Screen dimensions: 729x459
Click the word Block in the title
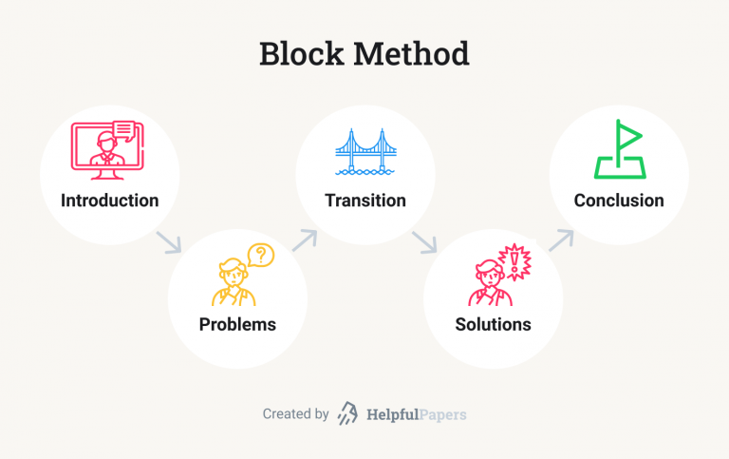tap(301, 53)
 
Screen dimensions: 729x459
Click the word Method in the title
tap(411, 53)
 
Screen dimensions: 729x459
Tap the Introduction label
tap(110, 201)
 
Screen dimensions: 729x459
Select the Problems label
tap(237, 324)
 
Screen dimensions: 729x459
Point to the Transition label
tap(365, 201)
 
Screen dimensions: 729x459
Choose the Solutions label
tap(494, 324)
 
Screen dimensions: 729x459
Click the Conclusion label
tap(619, 201)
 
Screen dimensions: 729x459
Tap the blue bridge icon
tap(365, 152)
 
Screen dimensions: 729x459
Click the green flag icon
tap(620, 149)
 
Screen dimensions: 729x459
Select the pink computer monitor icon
tap(107, 150)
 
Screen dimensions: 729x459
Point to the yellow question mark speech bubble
tap(261, 255)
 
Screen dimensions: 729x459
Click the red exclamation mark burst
tap(514, 261)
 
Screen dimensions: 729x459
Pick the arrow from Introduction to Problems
tap(169, 242)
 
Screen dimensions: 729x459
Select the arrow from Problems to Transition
tap(305, 239)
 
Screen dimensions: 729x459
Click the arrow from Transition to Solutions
tap(424, 242)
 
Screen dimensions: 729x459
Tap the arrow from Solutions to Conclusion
tap(561, 239)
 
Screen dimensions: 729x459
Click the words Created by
tap(296, 413)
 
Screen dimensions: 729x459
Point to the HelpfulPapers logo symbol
tap(347, 413)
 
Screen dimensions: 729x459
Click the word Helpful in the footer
tap(392, 414)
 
